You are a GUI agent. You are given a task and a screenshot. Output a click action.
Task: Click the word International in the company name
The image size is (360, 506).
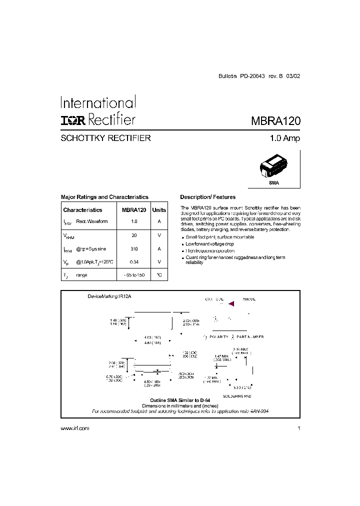click(98, 103)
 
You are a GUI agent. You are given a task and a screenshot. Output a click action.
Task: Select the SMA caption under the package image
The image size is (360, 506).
click(274, 183)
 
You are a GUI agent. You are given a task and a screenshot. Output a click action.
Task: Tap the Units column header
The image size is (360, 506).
click(159, 210)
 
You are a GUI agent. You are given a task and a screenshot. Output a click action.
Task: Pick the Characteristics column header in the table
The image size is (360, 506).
click(83, 210)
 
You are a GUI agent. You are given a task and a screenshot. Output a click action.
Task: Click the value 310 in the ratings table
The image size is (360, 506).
click(133, 248)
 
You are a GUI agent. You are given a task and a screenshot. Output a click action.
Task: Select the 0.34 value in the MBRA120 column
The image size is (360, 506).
click(133, 261)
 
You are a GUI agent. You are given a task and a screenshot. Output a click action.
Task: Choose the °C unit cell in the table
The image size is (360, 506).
click(159, 275)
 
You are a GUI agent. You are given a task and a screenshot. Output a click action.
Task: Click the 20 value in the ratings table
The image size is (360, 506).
click(133, 235)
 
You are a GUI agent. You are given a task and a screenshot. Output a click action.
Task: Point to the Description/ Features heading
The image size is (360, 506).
click(207, 197)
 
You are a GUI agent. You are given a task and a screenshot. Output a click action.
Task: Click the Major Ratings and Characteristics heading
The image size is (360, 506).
click(104, 197)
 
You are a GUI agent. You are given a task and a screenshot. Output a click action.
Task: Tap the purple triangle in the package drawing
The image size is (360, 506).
click(231, 303)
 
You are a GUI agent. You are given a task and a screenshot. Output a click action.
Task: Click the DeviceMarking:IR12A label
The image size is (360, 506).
click(109, 296)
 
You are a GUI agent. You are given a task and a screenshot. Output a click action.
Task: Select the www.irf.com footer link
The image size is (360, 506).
click(74, 428)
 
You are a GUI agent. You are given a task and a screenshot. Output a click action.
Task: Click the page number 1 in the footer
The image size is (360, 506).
click(298, 428)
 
